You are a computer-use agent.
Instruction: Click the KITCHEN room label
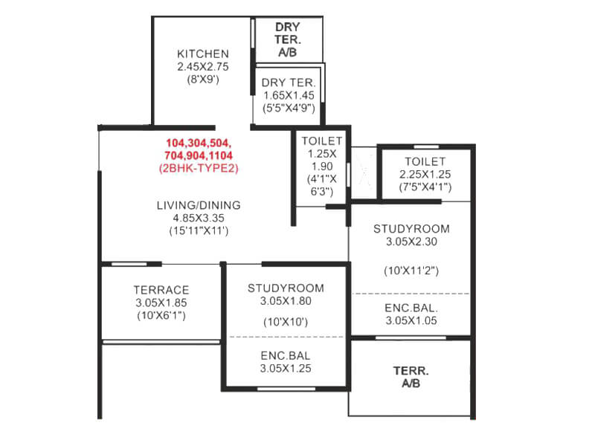point(202,54)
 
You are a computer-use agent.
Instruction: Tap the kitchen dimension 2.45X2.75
point(202,67)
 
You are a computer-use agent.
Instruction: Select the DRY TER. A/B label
point(287,39)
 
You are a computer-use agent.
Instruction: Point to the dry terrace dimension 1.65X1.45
point(290,95)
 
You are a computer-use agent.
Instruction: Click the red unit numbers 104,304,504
point(199,142)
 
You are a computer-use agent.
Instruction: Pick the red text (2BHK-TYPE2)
point(199,168)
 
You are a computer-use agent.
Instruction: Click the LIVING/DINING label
point(198,205)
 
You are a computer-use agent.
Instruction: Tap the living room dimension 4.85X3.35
point(198,218)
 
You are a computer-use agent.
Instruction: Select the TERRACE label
point(161,290)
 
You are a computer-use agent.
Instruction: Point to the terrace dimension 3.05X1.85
point(161,303)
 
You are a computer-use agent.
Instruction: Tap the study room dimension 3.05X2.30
point(411,242)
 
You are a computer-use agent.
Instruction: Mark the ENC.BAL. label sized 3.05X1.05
point(411,308)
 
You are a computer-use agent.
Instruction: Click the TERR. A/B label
point(411,376)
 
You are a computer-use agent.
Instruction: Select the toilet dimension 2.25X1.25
point(425,175)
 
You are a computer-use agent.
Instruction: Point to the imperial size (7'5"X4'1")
point(425,187)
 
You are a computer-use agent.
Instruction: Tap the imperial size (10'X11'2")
point(411,271)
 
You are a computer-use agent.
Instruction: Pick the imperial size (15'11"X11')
point(198,231)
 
